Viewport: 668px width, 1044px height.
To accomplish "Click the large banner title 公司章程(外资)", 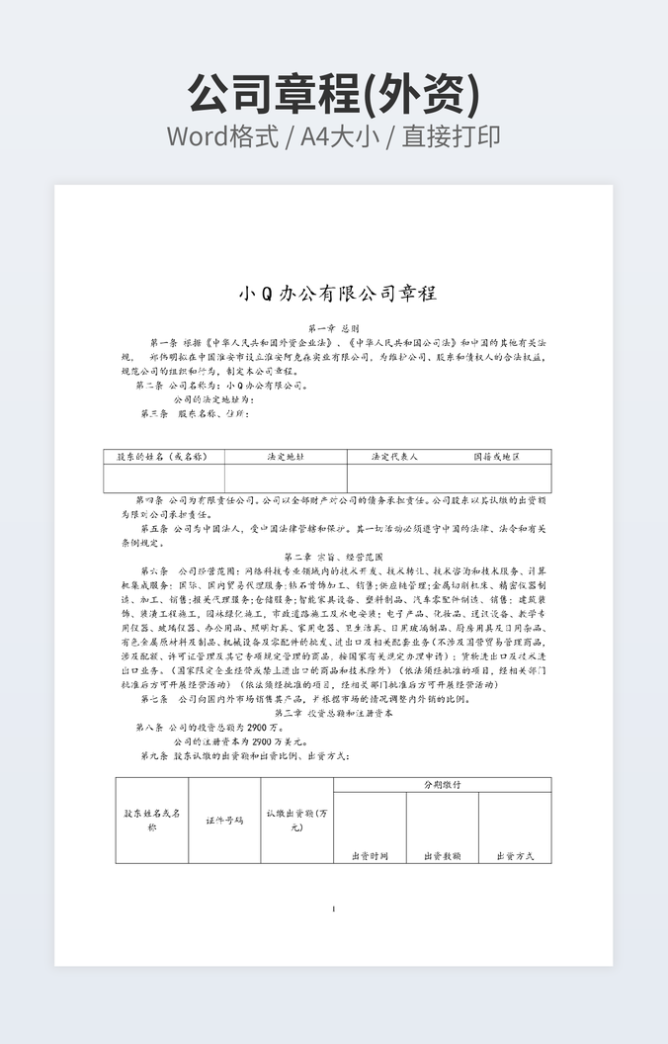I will click(x=334, y=94).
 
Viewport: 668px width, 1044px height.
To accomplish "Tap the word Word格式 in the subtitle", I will click(x=222, y=136).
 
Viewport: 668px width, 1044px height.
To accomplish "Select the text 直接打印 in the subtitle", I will click(x=451, y=136).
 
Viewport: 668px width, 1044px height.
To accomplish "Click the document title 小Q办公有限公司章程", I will click(x=337, y=294).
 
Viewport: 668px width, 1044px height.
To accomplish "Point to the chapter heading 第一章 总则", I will click(x=333, y=328).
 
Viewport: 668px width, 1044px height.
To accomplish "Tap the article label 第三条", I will click(x=155, y=413).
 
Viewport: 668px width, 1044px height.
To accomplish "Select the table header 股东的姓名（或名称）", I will click(x=163, y=457).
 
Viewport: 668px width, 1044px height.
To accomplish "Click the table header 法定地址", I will click(x=286, y=457).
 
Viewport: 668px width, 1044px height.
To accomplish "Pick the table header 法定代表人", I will click(x=394, y=457).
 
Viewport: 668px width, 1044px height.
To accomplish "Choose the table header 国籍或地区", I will click(x=496, y=457).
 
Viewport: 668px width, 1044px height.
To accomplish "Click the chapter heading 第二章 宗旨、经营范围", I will click(x=333, y=557).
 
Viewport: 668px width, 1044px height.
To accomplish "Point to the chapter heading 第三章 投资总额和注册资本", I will click(x=333, y=712).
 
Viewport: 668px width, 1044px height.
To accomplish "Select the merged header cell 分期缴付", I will click(x=442, y=784).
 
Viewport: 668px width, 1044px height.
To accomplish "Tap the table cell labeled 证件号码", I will click(x=224, y=821).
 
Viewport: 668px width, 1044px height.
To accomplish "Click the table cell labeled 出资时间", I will click(x=370, y=855).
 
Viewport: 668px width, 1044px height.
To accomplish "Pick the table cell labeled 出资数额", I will click(x=442, y=855).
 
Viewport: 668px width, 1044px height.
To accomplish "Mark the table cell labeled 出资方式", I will click(x=515, y=855).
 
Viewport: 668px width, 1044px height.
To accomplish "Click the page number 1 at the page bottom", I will click(x=334, y=910).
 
